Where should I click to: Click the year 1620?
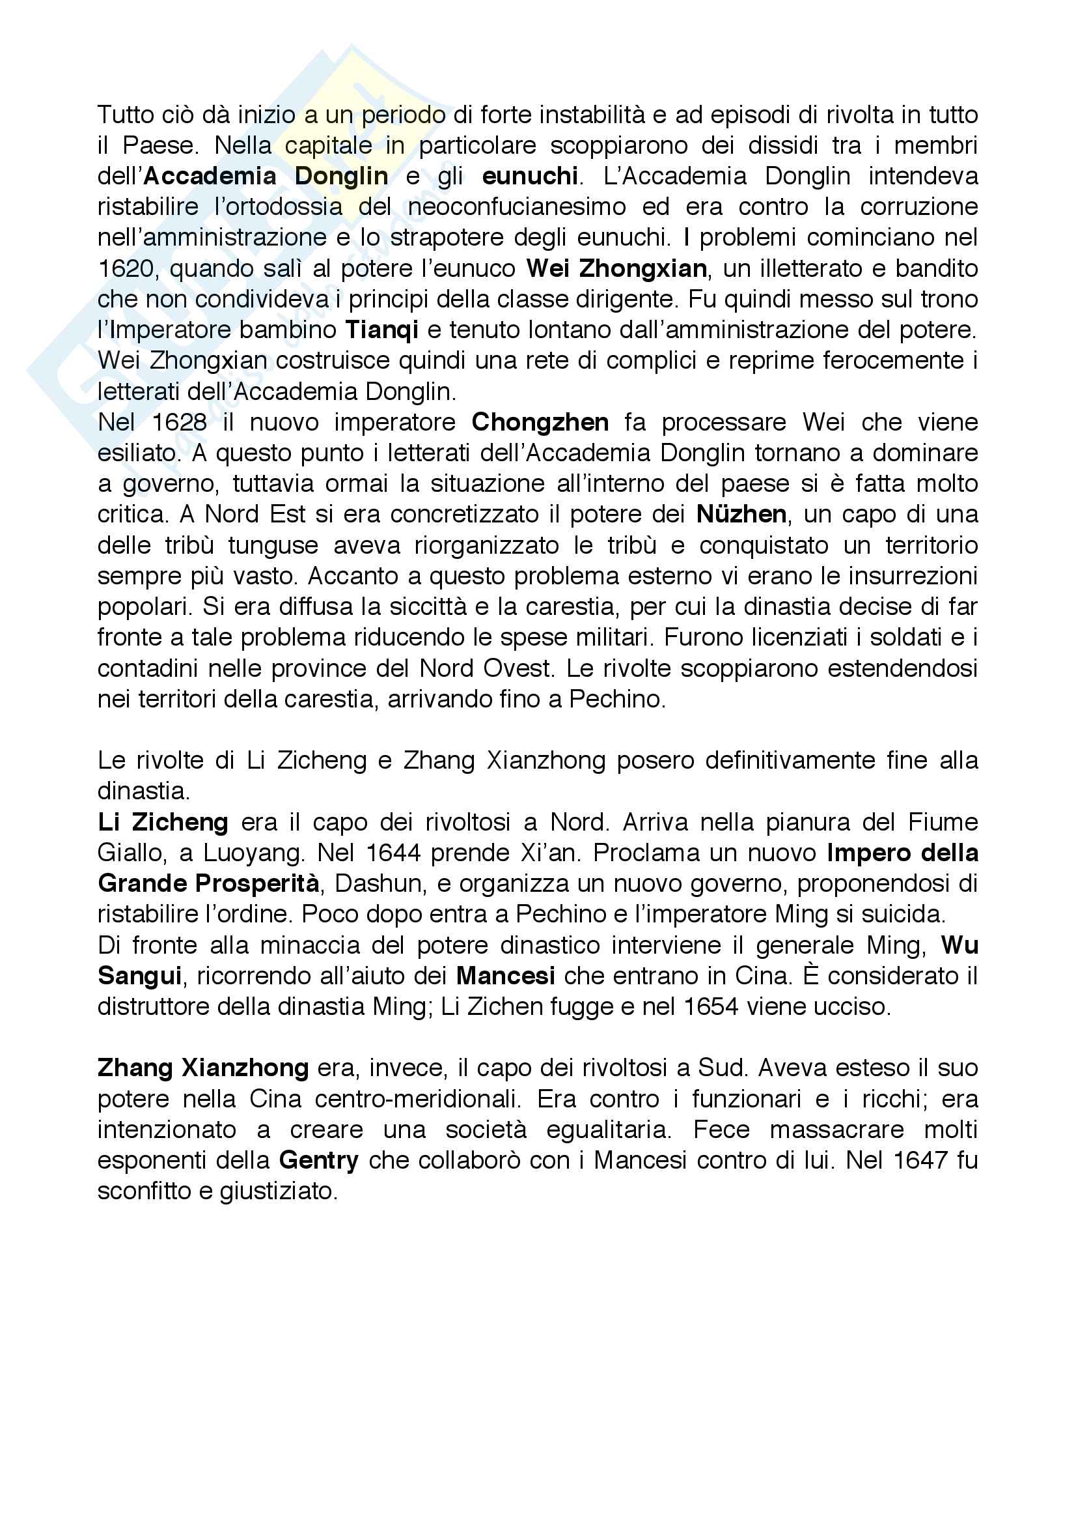(127, 268)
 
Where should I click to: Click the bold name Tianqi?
(381, 330)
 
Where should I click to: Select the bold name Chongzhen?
(540, 423)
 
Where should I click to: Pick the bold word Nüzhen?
(741, 515)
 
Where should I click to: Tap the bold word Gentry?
(319, 1160)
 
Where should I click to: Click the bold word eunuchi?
(530, 177)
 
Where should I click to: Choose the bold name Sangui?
(139, 976)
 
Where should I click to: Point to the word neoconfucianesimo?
(517, 207)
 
